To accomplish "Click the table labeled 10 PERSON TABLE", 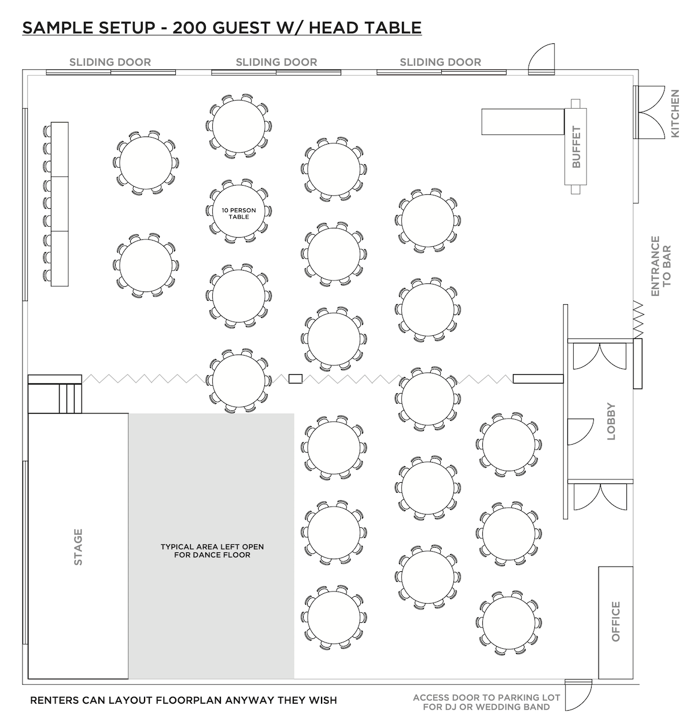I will tap(238, 212).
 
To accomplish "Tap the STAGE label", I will tap(78, 546).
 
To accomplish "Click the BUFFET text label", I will tap(576, 147).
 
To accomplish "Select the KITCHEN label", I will tap(675, 113).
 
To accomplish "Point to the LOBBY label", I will tap(611, 422).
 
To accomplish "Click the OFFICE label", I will tap(615, 622).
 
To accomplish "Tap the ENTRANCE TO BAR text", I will tap(661, 266).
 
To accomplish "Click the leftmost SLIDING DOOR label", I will tap(110, 62).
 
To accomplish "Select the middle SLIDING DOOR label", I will tap(276, 62).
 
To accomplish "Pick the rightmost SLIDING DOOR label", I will tap(440, 62).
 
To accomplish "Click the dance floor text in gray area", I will tap(212, 550).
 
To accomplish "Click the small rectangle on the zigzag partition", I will tap(295, 379).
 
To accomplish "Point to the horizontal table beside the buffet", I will tap(522, 121).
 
